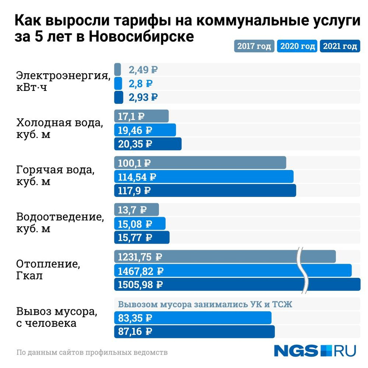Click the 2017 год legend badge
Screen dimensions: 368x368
tap(254, 46)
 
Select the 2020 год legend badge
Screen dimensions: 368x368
tap(297, 46)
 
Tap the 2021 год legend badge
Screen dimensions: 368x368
tap(340, 46)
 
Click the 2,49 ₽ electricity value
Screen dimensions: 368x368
tap(143, 70)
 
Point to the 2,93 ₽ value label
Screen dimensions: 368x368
tap(143, 97)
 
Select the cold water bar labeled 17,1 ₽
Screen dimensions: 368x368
tap(141, 116)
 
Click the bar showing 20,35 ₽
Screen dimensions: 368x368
tap(148, 144)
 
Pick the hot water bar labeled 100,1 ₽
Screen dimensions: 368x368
tap(200, 163)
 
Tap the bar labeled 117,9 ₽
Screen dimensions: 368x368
tap(205, 190)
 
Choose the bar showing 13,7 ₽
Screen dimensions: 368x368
tap(136, 209)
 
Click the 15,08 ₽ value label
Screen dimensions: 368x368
tap(135, 224)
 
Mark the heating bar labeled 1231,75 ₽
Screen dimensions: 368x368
tap(224, 257)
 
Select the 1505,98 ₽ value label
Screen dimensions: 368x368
tap(140, 284)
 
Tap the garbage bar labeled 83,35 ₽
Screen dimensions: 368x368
tap(193, 318)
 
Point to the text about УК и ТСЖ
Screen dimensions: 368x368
tap(205, 304)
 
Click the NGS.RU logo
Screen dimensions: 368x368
tap(315, 350)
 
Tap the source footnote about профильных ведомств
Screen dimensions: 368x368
tap(92, 352)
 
